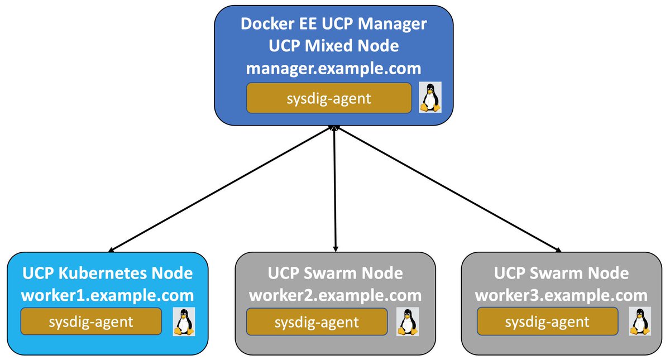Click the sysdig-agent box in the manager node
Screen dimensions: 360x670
[x=329, y=98]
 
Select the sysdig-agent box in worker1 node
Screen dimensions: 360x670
[x=91, y=321]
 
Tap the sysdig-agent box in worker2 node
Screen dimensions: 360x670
[x=317, y=322]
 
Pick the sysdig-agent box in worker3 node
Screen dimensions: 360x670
[x=547, y=322]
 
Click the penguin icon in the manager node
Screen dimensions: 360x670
[x=430, y=98]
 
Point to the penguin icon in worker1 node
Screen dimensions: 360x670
[x=184, y=322]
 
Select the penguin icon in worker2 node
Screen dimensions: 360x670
[x=408, y=322]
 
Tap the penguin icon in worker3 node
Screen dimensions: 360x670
[x=640, y=322]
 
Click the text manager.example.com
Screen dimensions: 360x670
[x=334, y=69]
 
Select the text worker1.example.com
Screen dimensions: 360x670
[x=108, y=295]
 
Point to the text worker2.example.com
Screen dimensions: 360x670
[x=335, y=295]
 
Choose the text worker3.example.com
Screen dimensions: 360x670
[x=561, y=295]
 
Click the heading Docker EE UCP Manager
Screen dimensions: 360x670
[x=334, y=25]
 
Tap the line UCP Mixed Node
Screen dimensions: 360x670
[x=334, y=46]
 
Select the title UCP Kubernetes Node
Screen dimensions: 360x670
[x=108, y=273]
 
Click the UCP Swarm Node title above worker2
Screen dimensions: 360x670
[x=335, y=273]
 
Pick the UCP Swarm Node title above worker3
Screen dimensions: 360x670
[x=561, y=273]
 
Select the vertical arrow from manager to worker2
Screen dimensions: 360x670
[x=334, y=189]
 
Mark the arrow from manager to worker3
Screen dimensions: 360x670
[x=447, y=189]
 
